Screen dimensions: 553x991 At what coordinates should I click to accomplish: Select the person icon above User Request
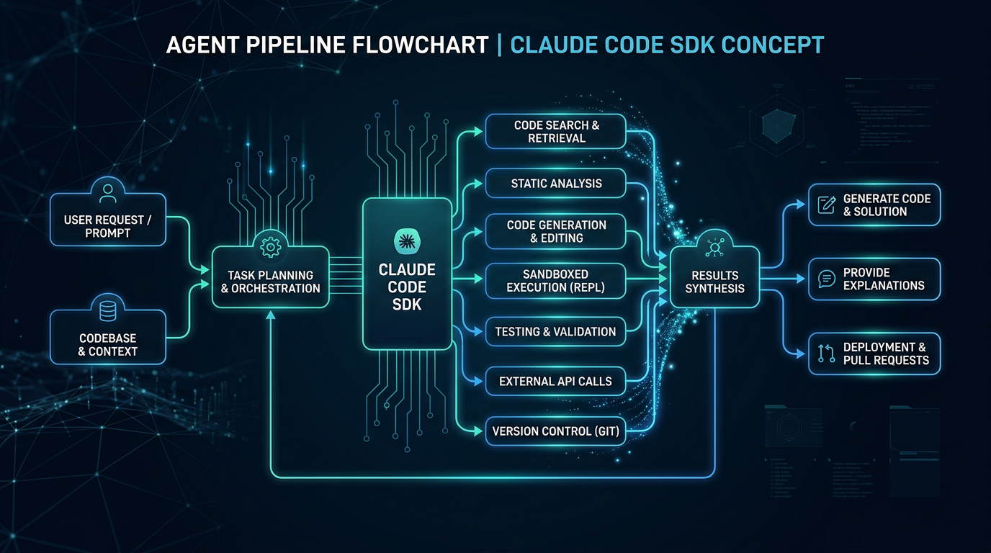click(108, 192)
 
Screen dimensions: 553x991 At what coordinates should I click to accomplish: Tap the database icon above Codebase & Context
click(108, 311)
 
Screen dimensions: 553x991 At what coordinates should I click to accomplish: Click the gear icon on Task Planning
click(270, 246)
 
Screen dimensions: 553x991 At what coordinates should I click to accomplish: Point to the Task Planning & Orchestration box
click(270, 282)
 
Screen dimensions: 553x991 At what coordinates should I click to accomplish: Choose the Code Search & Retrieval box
click(556, 132)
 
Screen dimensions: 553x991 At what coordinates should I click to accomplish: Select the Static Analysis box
click(556, 184)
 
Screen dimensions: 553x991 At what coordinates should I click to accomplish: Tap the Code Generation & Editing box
click(556, 231)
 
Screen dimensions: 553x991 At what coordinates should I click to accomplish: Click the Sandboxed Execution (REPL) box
click(556, 281)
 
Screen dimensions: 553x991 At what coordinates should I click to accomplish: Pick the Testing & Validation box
click(556, 332)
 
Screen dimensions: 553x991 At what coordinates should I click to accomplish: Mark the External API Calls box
click(556, 382)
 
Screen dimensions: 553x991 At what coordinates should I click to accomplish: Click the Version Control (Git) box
click(556, 432)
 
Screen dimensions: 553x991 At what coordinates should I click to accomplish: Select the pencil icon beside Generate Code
click(826, 204)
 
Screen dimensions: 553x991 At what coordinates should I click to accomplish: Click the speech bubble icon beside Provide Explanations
click(826, 279)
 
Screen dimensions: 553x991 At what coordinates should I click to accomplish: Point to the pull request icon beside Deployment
click(826, 353)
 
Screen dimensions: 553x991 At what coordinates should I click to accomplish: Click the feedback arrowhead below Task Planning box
click(270, 314)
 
